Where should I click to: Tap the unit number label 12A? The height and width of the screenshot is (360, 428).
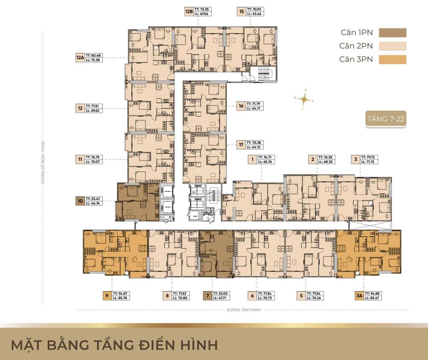(80, 57)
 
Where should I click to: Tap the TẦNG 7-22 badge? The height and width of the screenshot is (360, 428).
(384, 119)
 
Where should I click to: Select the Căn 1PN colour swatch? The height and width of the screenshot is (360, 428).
(392, 33)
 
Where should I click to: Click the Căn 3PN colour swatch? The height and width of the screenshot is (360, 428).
(392, 59)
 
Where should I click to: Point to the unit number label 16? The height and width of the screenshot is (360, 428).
(241, 106)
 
